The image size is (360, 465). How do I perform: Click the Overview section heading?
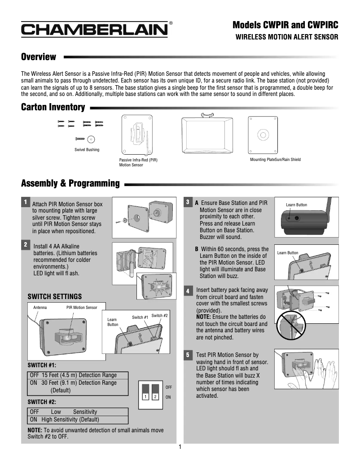[39, 57]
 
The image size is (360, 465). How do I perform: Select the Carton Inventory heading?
[53, 107]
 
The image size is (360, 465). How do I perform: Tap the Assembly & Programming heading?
[70, 183]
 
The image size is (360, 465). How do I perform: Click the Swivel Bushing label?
[87, 150]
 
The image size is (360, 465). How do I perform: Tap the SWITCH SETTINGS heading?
[55, 296]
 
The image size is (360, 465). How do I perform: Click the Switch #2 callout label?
[159, 316]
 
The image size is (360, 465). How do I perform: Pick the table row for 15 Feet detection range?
[78, 375]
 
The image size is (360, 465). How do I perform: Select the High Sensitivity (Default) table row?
[78, 420]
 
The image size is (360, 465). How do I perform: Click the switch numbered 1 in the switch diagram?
[145, 392]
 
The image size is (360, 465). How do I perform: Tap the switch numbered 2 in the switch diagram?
[155, 392]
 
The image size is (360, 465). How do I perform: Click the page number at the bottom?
[180, 447]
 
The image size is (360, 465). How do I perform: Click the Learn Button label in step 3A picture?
[296, 205]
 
